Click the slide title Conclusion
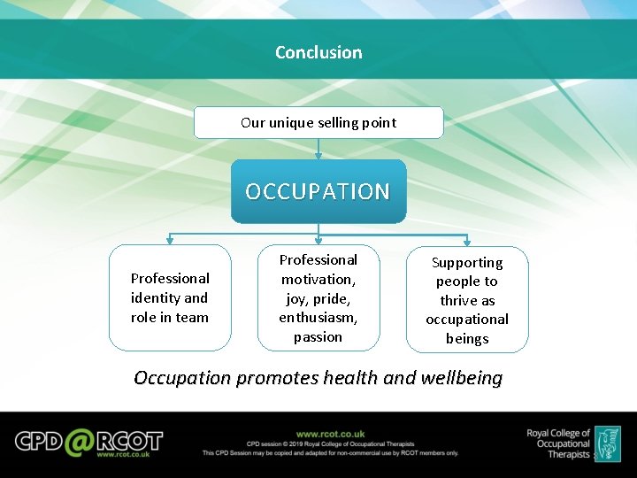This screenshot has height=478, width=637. pyautogui.click(x=318, y=52)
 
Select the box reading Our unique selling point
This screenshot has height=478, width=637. pyautogui.click(x=318, y=123)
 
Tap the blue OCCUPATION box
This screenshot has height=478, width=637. pyautogui.click(x=318, y=191)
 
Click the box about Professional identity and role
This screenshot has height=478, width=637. pyautogui.click(x=170, y=298)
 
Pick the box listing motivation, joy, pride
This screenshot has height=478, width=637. pyautogui.click(x=318, y=298)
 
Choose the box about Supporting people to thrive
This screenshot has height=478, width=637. pyautogui.click(x=467, y=300)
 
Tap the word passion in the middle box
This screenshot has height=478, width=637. pyautogui.click(x=318, y=336)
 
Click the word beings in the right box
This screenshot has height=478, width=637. pyautogui.click(x=467, y=338)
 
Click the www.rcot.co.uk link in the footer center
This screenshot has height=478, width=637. pyautogui.click(x=330, y=434)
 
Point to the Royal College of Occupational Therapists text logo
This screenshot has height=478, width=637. pyautogui.click(x=558, y=443)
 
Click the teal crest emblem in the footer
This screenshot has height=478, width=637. pyautogui.click(x=607, y=443)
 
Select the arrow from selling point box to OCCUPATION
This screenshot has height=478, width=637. pyautogui.click(x=318, y=149)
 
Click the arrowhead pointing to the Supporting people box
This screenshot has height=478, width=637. pyautogui.click(x=467, y=243)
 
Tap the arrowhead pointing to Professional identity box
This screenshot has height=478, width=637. pyautogui.click(x=170, y=241)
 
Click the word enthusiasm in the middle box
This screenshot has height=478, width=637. pyautogui.click(x=318, y=317)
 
